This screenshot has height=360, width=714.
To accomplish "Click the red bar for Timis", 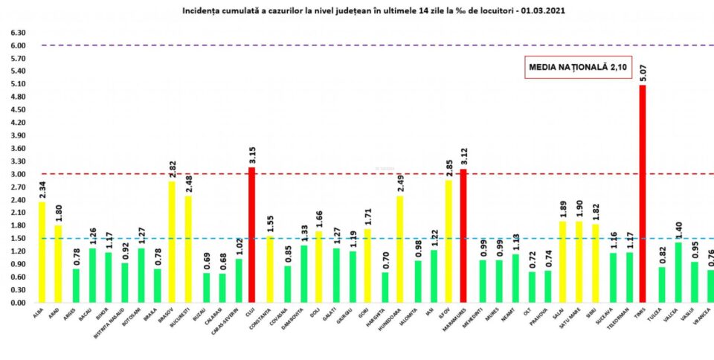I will click(643, 193).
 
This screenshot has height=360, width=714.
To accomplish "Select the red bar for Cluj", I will click(251, 235).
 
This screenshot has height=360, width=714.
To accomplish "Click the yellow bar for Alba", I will click(42, 252).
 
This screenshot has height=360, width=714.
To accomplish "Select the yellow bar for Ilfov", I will click(448, 242).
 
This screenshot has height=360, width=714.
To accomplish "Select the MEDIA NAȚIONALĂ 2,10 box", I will click(567, 67).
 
